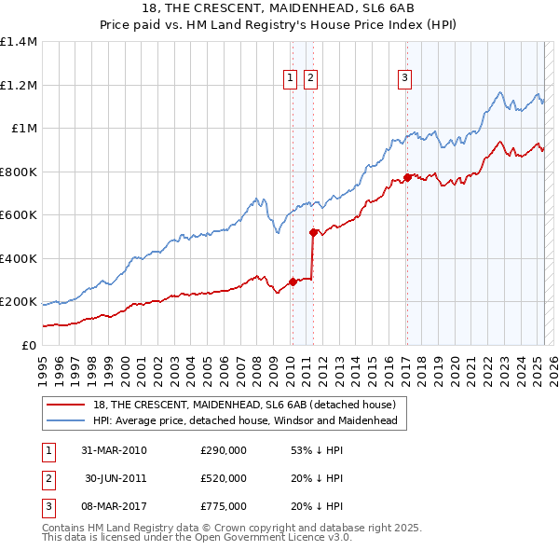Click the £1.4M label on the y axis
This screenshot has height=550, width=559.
coord(19,42)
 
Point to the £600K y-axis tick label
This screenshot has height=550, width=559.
coord(19,215)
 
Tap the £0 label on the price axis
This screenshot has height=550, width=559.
coord(28,345)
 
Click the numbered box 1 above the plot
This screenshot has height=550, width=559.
coord(291,79)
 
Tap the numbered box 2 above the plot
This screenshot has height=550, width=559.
coord(310,79)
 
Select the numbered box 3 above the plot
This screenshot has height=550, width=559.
coord(406,79)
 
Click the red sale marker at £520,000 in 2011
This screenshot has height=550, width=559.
coord(313,232)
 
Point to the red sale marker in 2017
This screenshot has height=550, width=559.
coord(407,177)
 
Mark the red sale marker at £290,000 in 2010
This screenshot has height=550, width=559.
coord(293,282)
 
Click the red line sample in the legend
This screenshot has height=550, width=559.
coord(64,405)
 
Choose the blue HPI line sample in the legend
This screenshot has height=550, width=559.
coord(64,421)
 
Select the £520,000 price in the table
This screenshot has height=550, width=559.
coord(224,478)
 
